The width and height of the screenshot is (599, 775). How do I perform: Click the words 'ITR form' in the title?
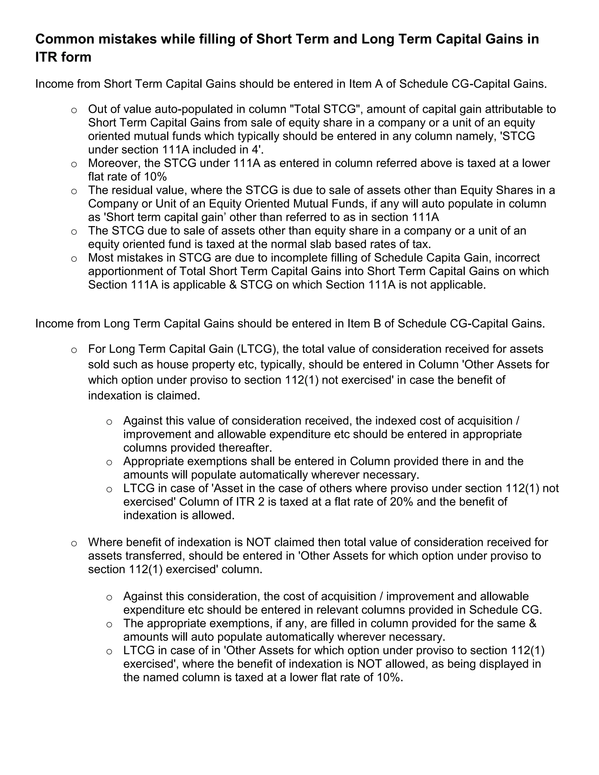click(63, 57)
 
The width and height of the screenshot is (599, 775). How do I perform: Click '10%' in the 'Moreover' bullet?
click(155, 176)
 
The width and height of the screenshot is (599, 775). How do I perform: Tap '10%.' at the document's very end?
click(390, 677)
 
